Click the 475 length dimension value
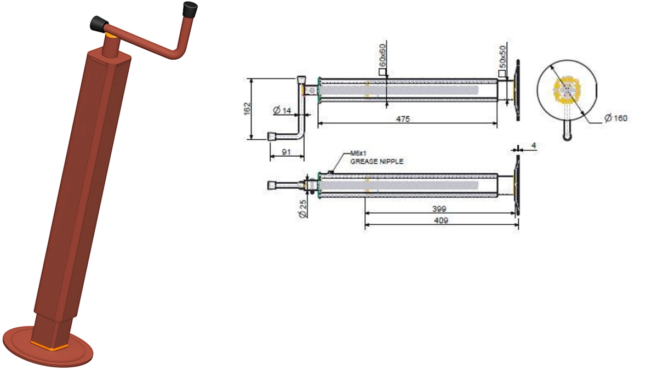click(x=403, y=119)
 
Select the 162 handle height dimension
click(x=248, y=109)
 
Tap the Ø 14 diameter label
click(x=282, y=110)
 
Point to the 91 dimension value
click(x=286, y=152)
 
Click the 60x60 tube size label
click(x=382, y=55)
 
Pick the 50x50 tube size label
click(x=502, y=57)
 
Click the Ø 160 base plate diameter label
click(x=616, y=118)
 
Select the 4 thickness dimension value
click(x=534, y=145)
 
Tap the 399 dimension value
click(x=439, y=209)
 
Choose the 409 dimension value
click(x=441, y=220)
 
